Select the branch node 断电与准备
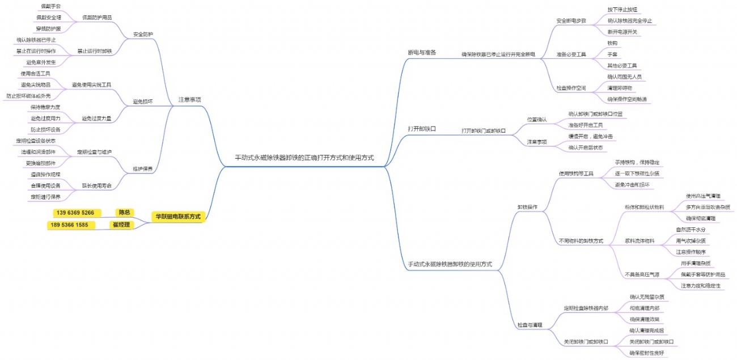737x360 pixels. [422, 52]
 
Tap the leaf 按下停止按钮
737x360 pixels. [622, 10]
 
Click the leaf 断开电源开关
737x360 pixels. [622, 32]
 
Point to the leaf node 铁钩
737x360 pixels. [612, 43]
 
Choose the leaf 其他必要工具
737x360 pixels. [622, 66]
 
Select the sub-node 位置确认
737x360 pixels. [537, 120]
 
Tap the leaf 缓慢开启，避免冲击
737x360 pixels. [590, 137]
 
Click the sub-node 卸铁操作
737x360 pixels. [527, 207]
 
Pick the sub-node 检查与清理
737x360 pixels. [530, 325]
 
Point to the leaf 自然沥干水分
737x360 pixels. [691, 230]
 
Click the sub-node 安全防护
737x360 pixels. [142, 34]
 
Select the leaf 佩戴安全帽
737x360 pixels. [48, 17]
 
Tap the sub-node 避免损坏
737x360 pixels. [142, 101]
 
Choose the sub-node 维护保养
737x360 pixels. [142, 169]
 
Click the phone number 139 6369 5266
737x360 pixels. [74, 213]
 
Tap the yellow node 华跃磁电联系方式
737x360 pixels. [178, 216]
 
